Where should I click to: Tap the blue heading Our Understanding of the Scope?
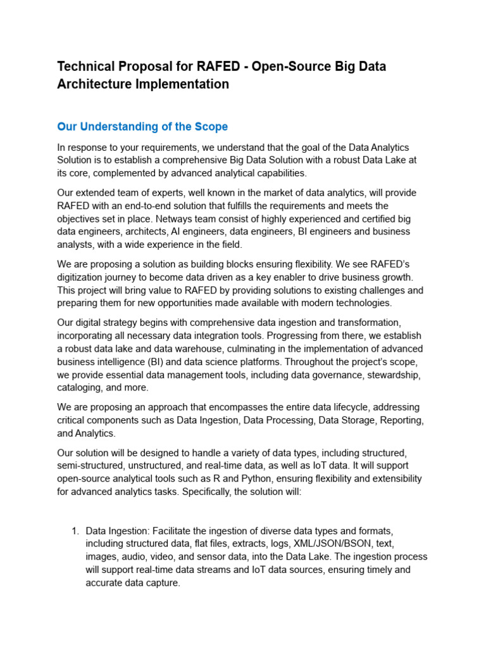[x=142, y=127]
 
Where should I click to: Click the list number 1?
[x=75, y=530]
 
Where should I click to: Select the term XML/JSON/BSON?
[x=325, y=544]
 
